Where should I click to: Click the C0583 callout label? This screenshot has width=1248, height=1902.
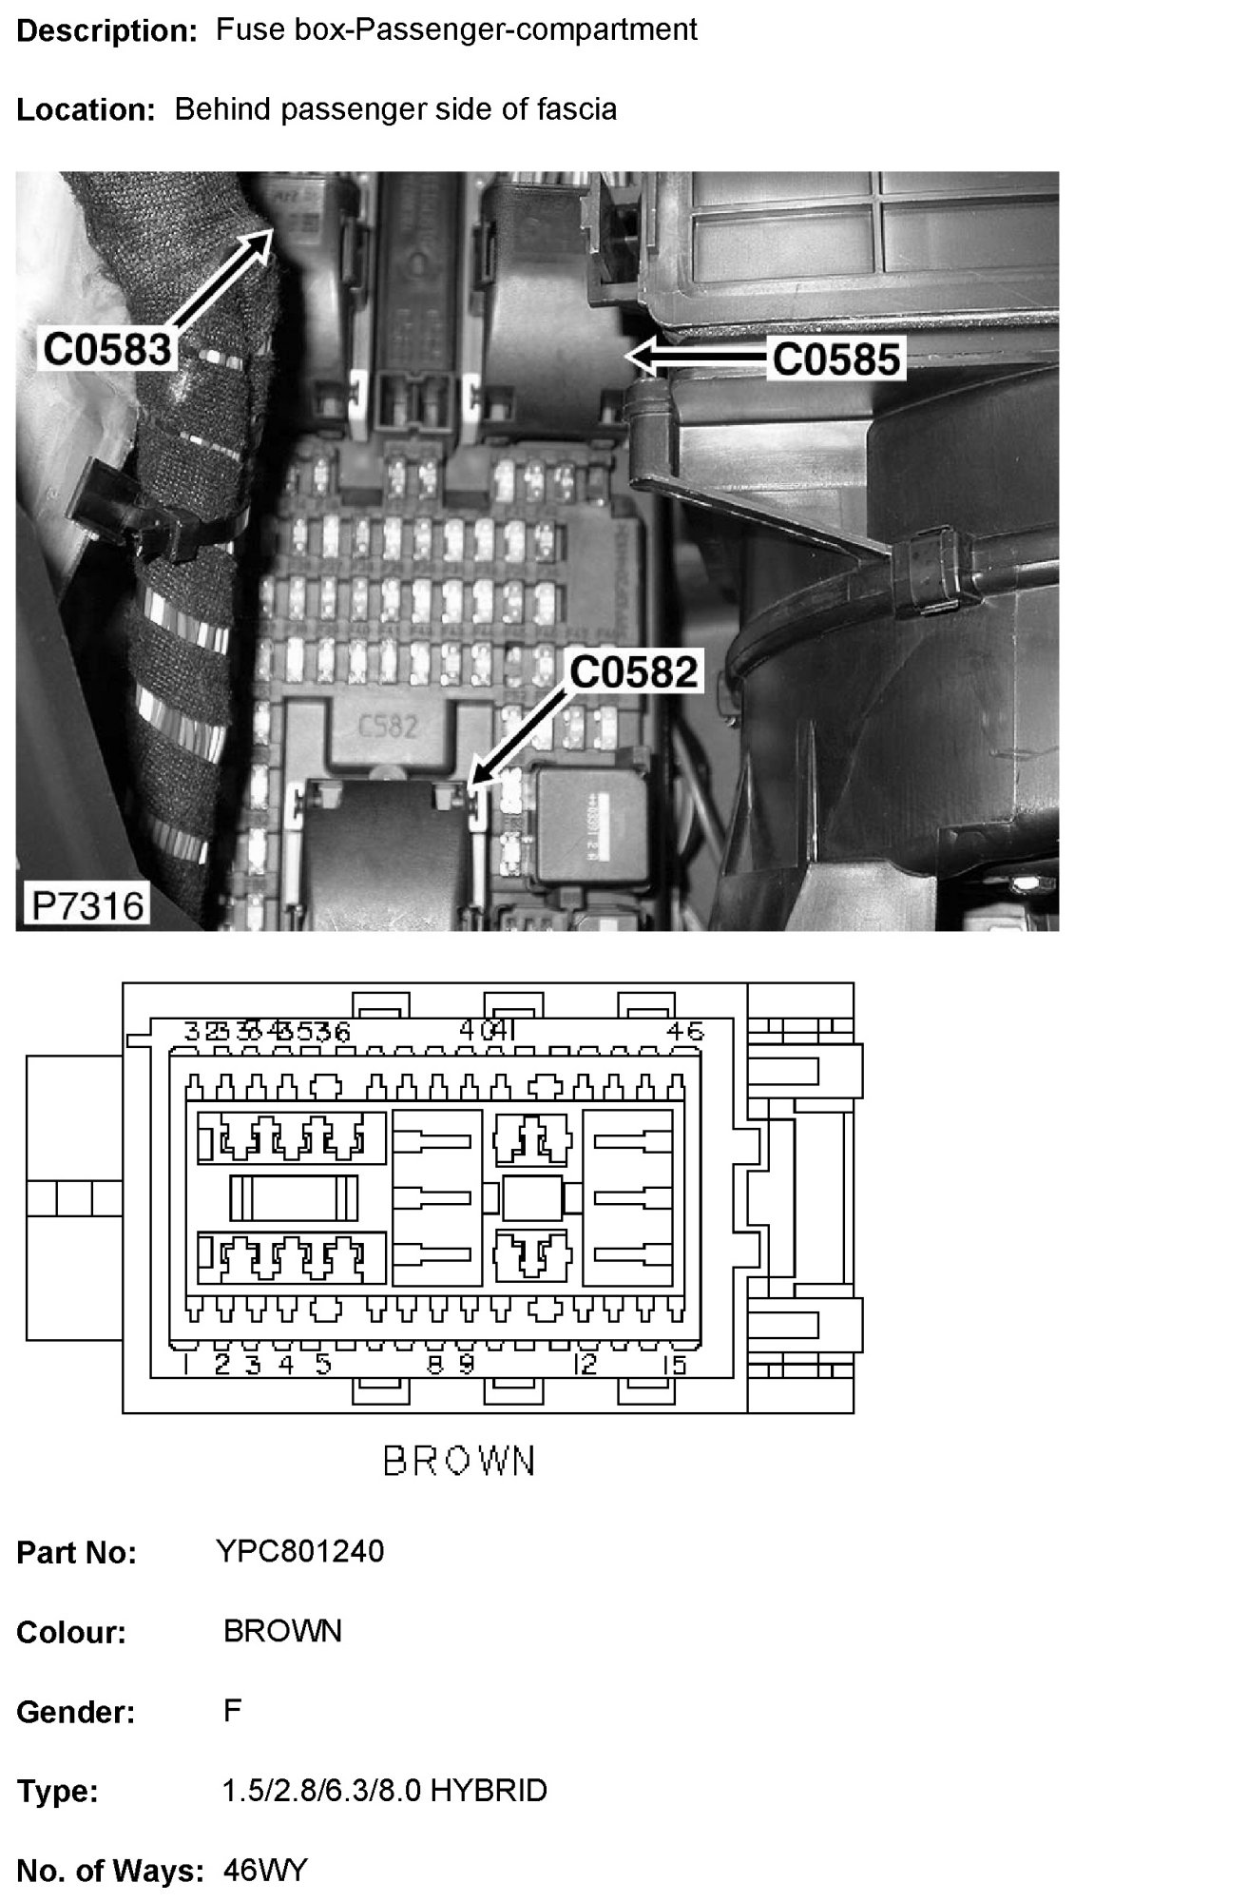(x=106, y=349)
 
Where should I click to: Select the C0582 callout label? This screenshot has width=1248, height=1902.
(x=634, y=672)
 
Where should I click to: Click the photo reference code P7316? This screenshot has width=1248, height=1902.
(x=87, y=904)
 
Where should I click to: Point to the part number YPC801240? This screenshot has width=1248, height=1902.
(x=300, y=1551)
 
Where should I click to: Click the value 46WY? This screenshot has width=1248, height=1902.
(x=265, y=1871)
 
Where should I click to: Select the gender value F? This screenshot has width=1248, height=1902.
(x=233, y=1711)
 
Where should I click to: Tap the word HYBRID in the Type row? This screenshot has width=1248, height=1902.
(x=489, y=1791)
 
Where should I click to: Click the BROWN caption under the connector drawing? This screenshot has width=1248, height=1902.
(x=460, y=1461)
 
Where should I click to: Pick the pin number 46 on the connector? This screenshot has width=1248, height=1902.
(x=685, y=1031)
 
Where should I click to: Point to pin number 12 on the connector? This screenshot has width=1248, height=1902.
(x=586, y=1365)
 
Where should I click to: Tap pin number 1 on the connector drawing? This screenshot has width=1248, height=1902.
(x=179, y=1365)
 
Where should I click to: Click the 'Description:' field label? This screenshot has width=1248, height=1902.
(x=106, y=30)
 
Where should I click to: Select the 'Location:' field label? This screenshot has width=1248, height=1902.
(x=86, y=110)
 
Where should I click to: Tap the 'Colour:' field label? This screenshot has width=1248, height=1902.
(x=71, y=1632)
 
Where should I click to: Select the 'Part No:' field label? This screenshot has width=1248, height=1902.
(x=76, y=1552)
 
